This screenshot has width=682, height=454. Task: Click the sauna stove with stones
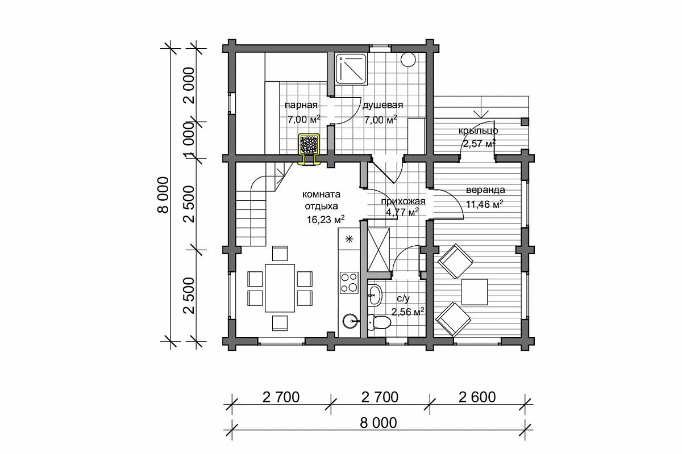(x=309, y=145)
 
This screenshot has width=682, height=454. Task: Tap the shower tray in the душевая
(x=351, y=69)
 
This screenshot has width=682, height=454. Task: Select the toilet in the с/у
(x=379, y=322)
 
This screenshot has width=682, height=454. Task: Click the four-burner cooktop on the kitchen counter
(x=349, y=283)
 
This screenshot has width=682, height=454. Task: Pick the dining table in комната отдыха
(x=280, y=288)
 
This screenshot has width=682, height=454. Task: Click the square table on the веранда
(x=475, y=292)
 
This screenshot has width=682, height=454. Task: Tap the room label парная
(x=301, y=105)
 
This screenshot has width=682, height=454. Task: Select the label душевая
(x=382, y=105)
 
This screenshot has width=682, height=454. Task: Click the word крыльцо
(x=479, y=131)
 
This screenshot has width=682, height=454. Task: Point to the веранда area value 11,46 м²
(x=484, y=204)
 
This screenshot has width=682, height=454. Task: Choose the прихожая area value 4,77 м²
(x=402, y=212)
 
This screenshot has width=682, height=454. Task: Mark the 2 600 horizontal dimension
(x=477, y=397)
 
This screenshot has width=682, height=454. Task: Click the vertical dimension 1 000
(x=189, y=140)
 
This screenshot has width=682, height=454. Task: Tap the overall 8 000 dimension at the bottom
(x=378, y=423)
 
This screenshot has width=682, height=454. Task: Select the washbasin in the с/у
(x=375, y=295)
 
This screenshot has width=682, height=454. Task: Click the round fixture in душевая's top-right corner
(x=408, y=59)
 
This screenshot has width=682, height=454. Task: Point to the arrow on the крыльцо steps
(x=481, y=107)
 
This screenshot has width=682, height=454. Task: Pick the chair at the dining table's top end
(x=280, y=253)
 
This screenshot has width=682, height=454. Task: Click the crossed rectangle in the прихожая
(x=379, y=249)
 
